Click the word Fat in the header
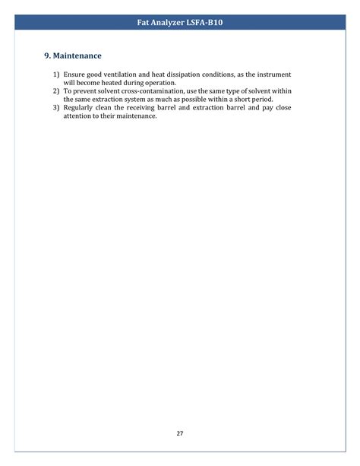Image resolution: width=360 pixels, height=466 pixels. pyautogui.click(x=144, y=23)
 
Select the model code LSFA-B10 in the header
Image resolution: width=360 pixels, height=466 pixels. pyautogui.click(x=203, y=23)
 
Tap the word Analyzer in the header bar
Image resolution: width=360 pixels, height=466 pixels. pyautogui.click(x=167, y=23)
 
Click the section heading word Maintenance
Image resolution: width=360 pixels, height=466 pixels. pyautogui.click(x=77, y=56)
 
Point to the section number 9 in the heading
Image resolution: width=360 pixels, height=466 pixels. pyautogui.click(x=47, y=56)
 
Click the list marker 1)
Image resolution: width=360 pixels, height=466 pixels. pyautogui.click(x=56, y=74)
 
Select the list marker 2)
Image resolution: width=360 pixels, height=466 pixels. pyautogui.click(x=56, y=91)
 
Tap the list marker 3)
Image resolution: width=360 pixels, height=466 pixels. pyautogui.click(x=56, y=108)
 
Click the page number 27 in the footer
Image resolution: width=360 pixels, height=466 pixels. pyautogui.click(x=180, y=433)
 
